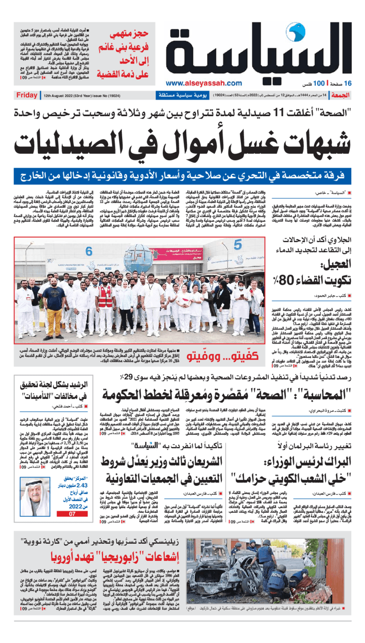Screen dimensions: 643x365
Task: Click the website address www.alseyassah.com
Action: coord(203,83)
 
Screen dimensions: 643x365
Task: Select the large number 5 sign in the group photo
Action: coord(238,244)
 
